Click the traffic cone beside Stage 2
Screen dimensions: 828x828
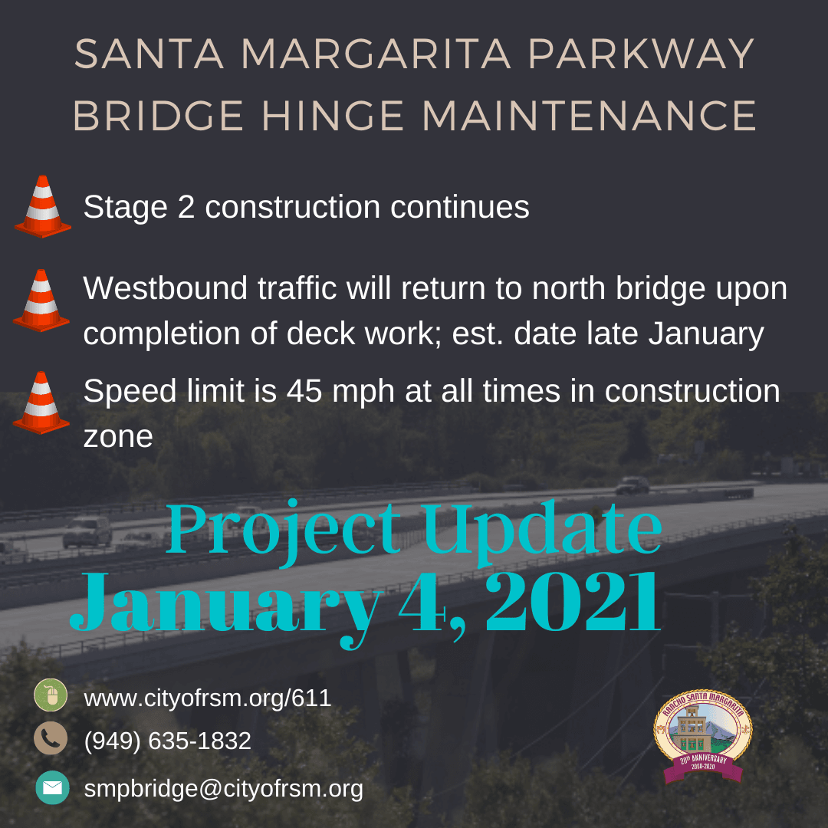click(x=43, y=206)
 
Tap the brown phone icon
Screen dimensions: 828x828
click(x=51, y=739)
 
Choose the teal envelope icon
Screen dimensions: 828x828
click(x=51, y=787)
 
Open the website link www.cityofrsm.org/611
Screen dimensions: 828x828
click(x=207, y=698)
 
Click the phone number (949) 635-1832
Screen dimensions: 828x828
click(x=167, y=741)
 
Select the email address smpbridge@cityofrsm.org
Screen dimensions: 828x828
click(x=223, y=788)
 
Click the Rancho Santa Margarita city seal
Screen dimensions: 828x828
click(x=702, y=736)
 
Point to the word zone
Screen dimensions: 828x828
click(x=117, y=436)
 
